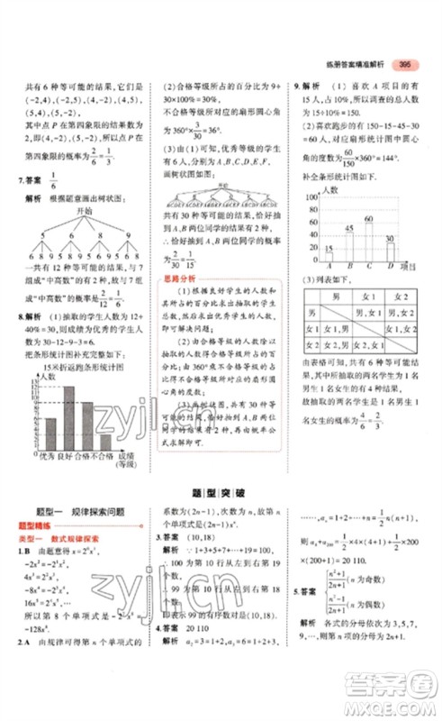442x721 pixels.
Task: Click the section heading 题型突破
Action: click(x=221, y=495)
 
